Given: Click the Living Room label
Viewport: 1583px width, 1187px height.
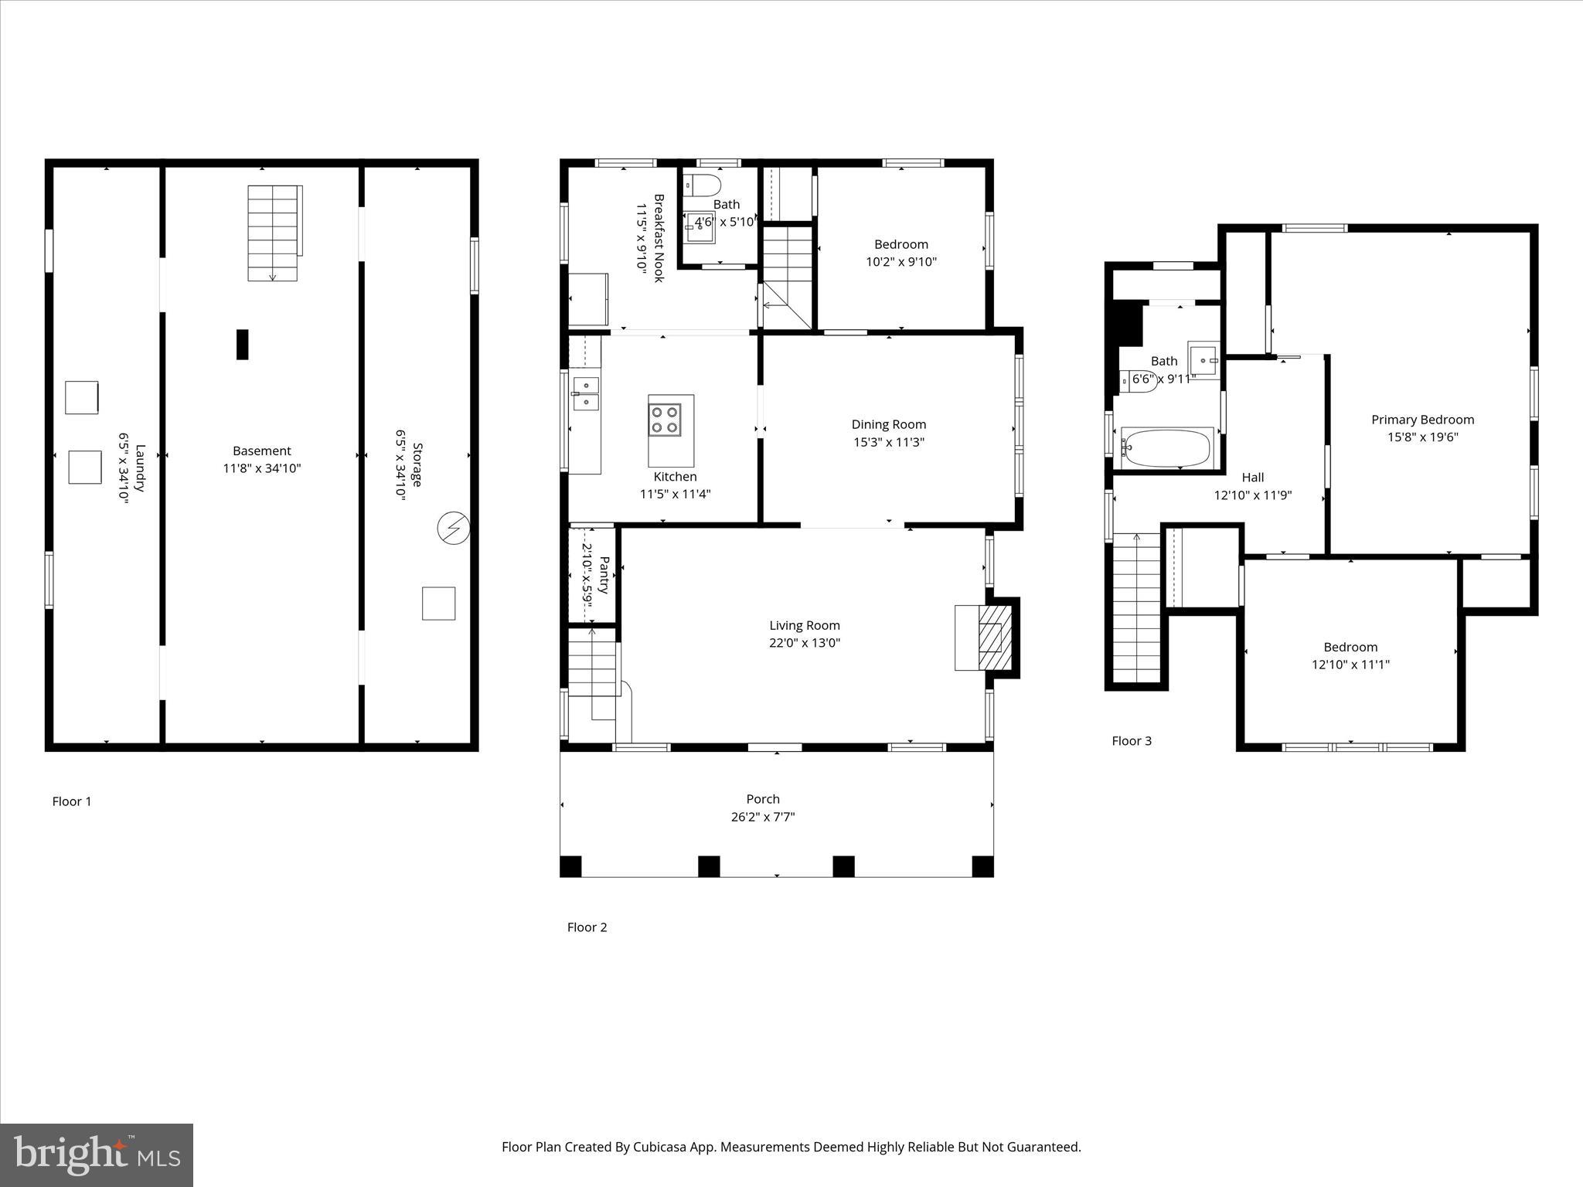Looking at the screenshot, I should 804,625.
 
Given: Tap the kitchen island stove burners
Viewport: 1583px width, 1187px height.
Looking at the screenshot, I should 665,420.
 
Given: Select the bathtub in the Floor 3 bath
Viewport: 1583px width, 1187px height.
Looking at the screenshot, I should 1167,448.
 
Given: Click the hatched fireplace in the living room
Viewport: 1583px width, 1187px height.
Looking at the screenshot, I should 994,637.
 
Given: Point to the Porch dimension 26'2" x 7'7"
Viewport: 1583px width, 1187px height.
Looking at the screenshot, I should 763,817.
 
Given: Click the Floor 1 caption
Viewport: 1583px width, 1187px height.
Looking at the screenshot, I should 72,801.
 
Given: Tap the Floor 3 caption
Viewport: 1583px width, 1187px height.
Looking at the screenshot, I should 1132,741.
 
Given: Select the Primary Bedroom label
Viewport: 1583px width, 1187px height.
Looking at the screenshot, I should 1422,420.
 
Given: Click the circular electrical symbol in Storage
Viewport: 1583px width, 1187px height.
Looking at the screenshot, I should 453,529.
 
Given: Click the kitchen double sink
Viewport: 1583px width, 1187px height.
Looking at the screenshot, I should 585,393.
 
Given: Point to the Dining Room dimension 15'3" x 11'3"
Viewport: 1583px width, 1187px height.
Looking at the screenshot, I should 888,442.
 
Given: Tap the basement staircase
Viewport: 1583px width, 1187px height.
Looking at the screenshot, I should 273,232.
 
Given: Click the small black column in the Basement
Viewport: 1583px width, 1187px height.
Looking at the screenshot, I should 243,344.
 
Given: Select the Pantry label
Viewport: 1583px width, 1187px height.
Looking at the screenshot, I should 604,576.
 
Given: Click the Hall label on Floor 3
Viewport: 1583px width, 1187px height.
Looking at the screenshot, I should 1252,478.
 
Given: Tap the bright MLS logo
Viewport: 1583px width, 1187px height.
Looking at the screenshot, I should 97,1155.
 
